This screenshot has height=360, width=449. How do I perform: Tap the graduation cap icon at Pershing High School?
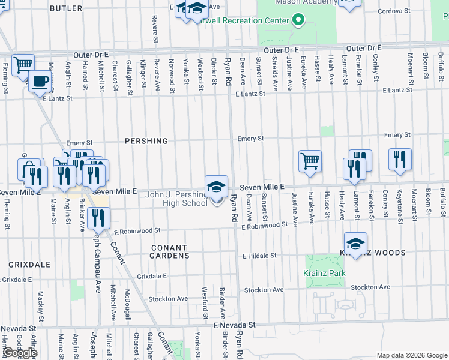(216, 186)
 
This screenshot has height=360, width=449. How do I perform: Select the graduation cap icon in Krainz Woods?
(355, 243)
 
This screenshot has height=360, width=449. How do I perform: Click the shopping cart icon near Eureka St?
(310, 160)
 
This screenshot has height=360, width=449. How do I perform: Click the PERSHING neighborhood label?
(146, 141)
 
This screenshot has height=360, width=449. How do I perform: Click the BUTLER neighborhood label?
(66, 8)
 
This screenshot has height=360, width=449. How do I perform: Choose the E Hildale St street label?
(259, 256)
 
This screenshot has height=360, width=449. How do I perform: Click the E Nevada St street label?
(235, 325)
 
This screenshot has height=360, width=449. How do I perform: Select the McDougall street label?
(127, 305)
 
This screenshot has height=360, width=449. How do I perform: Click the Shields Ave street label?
(274, 74)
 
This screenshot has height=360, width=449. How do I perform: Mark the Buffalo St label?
(442, 203)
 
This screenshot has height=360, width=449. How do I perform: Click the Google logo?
(20, 353)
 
